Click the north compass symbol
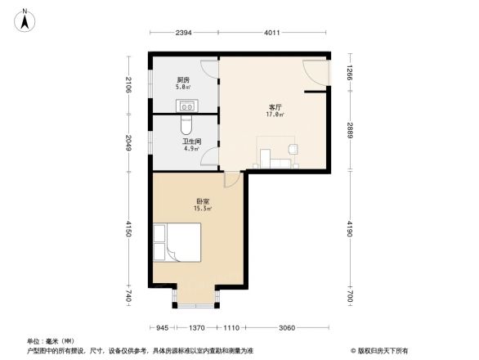25,19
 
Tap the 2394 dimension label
183,33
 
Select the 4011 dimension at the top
273,33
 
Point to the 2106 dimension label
129,83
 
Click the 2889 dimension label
349,129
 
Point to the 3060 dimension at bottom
286,327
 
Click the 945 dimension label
163,327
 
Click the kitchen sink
186,104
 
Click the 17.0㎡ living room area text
275,115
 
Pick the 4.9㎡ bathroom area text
190,149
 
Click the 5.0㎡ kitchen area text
183,85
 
